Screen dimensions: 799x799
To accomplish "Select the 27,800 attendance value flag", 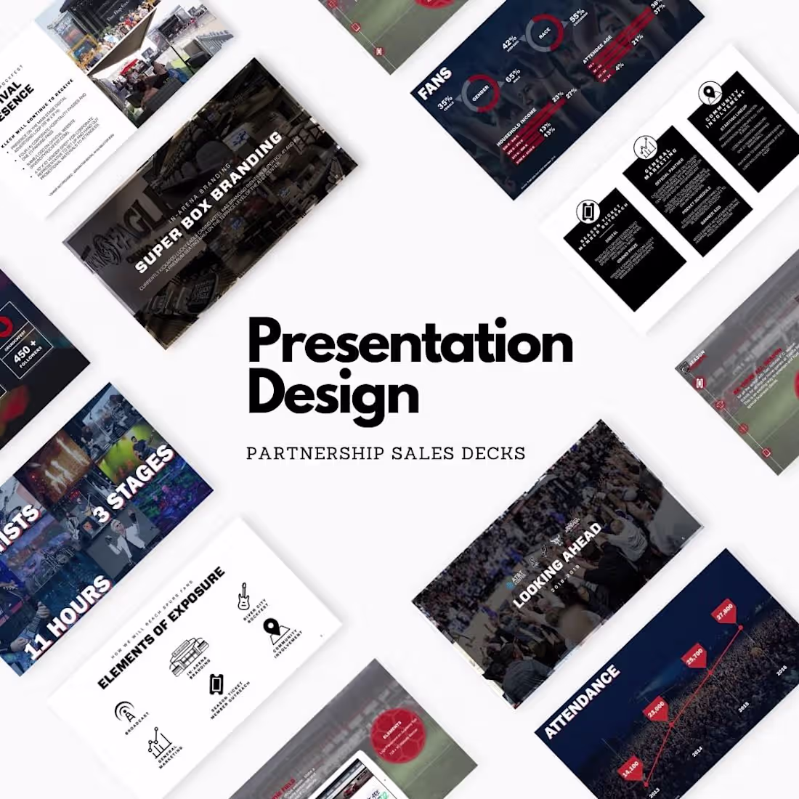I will [x=724, y=609].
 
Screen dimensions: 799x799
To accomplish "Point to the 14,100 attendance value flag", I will [x=630, y=766].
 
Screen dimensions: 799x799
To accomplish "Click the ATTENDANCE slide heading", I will [x=582, y=702].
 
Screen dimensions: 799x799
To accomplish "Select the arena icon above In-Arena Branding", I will [x=188, y=654].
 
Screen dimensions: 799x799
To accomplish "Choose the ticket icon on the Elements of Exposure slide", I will [x=216, y=684].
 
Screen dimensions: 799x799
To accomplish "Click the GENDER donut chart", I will [x=481, y=95].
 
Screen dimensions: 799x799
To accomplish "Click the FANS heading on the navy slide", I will [x=434, y=83].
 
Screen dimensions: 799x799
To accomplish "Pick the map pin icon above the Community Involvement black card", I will [x=707, y=93].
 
